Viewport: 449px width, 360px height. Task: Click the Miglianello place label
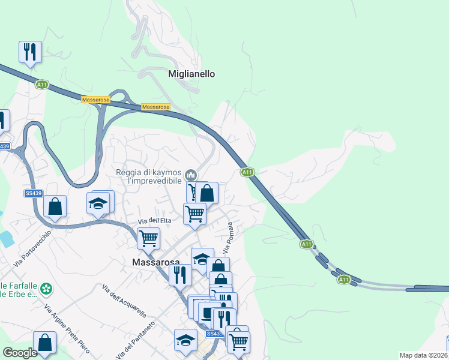pos(191,74)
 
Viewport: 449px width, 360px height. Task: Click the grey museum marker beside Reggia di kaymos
pos(191,175)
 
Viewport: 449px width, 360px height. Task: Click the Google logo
pos(20,353)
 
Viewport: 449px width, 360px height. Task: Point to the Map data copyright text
pos(424,355)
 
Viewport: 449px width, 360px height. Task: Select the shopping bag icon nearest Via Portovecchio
pos(55,207)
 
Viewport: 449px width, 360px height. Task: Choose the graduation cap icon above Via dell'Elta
pos(98,203)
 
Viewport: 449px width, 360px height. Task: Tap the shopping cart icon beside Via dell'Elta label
pos(148,238)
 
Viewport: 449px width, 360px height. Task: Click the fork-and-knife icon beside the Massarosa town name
pos(179,275)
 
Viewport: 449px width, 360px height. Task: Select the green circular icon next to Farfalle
pos(47,290)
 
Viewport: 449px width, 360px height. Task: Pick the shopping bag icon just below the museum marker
pos(207,193)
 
